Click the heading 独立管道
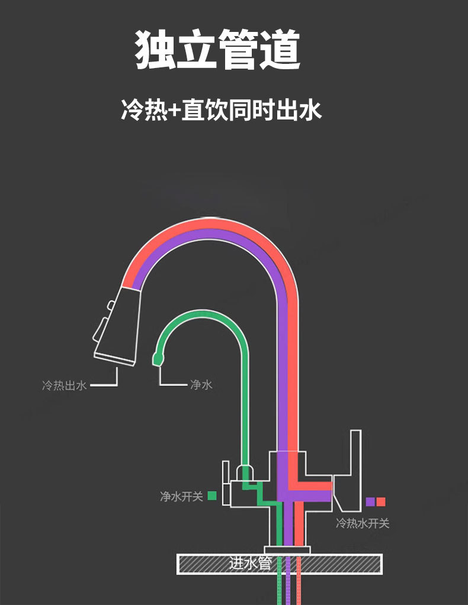tap(219, 50)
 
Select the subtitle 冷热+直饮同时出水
tap(222, 111)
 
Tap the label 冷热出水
tap(65, 386)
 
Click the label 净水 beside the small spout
tap(201, 385)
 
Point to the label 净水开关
tap(181, 496)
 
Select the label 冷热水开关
tap(363, 523)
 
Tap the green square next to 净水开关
tap(211, 496)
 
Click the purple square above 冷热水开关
tap(370, 502)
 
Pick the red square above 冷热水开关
tap(381, 502)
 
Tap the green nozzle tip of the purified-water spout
tap(158, 357)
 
